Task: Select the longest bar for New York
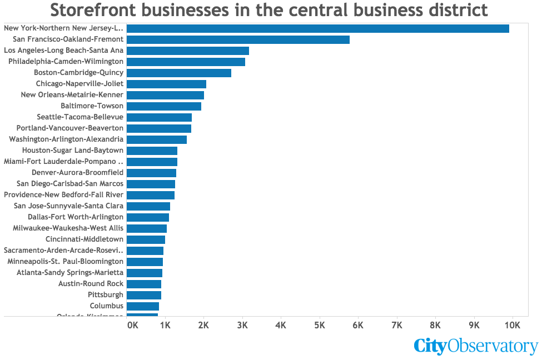pyautogui.click(x=317, y=28)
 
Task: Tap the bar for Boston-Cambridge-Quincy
pyautogui.click(x=178, y=73)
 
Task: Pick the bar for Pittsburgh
pyautogui.click(x=144, y=295)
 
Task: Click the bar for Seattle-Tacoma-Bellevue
pyautogui.click(x=159, y=117)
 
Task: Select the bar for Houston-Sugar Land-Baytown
pyautogui.click(x=152, y=151)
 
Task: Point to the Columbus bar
pyautogui.click(x=143, y=306)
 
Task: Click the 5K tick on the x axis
pyautogui.click(x=320, y=324)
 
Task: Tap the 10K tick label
pyautogui.click(x=512, y=324)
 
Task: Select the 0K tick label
pyautogui.click(x=133, y=324)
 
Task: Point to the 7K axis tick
pyautogui.click(x=397, y=324)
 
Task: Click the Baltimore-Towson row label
pyautogui.click(x=92, y=106)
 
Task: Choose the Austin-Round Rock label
pyautogui.click(x=91, y=284)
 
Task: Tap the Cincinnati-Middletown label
pyautogui.click(x=84, y=239)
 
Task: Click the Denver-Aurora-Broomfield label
pyautogui.click(x=77, y=173)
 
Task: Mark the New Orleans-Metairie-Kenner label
pyautogui.click(x=72, y=95)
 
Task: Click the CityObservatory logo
pyautogui.click(x=476, y=346)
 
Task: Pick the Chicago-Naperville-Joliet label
pyautogui.click(x=79, y=84)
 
